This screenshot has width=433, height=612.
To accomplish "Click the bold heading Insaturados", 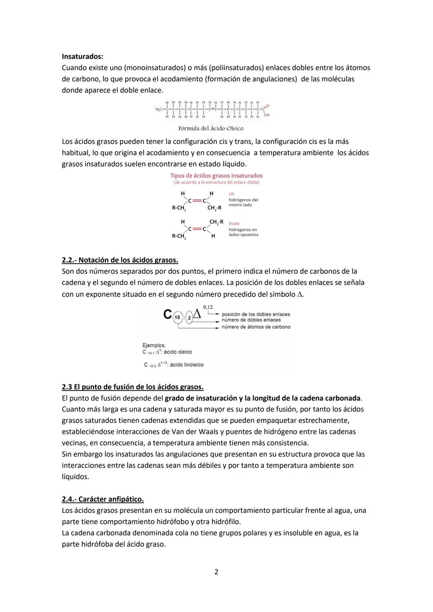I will tap(82, 57).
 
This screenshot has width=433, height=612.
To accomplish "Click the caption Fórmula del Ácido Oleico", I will tap(211, 128).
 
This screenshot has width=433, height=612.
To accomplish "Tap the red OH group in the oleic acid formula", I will tap(267, 115).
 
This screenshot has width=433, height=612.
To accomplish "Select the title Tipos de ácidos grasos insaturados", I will tap(216, 176).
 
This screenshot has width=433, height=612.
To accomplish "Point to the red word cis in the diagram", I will tap(232, 194).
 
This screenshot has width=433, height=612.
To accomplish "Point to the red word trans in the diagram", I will tap(234, 224).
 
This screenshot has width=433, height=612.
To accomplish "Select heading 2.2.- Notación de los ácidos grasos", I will tap(120, 260).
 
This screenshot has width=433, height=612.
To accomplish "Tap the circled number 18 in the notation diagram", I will tap(177, 317).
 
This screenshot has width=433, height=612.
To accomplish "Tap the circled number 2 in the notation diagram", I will tap(189, 317).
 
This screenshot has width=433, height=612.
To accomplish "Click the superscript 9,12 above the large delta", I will tap(208, 307).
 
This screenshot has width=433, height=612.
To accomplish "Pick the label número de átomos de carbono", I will tap(256, 327).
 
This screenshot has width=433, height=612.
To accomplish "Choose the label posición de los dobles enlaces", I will tap(256, 314).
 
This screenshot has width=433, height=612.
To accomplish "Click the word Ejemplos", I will tap(154, 345).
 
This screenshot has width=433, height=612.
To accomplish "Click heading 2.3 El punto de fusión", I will tap(132, 387).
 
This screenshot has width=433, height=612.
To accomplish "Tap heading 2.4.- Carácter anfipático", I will tap(103, 499).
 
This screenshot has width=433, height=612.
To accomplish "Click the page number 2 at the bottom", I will tap(216, 572).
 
